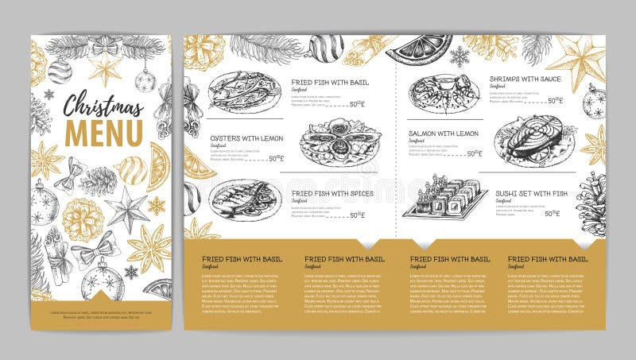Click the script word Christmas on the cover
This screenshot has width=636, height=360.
pos(103,105)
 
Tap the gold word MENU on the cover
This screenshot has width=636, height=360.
pos(103,132)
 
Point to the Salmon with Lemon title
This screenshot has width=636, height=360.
pos(444,134)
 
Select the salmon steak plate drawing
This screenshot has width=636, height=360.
pos(534,139)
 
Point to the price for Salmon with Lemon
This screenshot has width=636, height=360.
pos(474,154)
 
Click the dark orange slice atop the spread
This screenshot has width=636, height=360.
pos(419,49)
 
